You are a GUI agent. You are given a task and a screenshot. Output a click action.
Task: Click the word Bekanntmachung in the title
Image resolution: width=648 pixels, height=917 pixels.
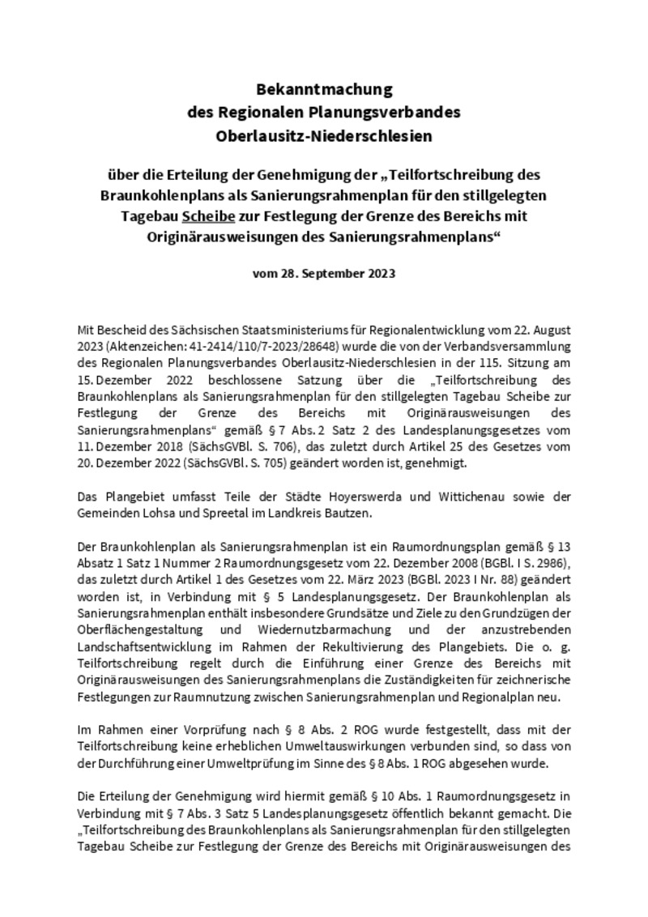(324, 88)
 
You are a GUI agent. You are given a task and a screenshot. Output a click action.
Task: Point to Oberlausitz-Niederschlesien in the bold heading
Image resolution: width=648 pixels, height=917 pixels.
(324, 136)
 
